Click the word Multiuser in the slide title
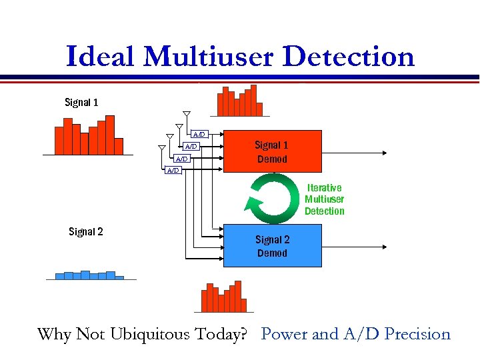209,56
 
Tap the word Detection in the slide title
349,56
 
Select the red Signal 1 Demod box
272,152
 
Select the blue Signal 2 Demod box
272,246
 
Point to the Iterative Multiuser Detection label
324,199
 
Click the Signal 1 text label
81,102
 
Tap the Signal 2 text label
86,232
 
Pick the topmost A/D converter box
199,135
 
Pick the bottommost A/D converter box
173,171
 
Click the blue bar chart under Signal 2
89,275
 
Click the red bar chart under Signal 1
89,136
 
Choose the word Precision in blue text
413,334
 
